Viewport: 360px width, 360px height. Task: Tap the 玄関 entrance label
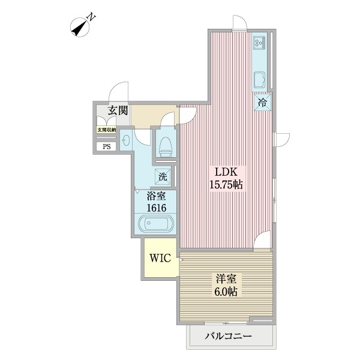[118, 110]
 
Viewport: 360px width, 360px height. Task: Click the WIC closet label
[161, 259]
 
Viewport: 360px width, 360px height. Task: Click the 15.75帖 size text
[225, 185]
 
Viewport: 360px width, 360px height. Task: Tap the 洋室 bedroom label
[226, 279]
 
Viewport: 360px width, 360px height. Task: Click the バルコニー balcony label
[227, 336]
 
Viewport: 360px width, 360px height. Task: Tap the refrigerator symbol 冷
[262, 103]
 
